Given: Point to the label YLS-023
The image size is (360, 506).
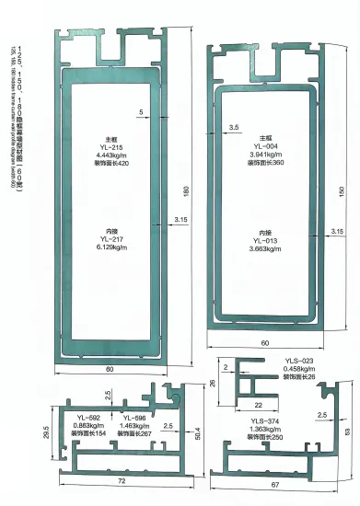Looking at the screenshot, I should pyautogui.click(x=299, y=361).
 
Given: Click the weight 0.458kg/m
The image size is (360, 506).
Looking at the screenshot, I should pyautogui.click(x=299, y=369).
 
